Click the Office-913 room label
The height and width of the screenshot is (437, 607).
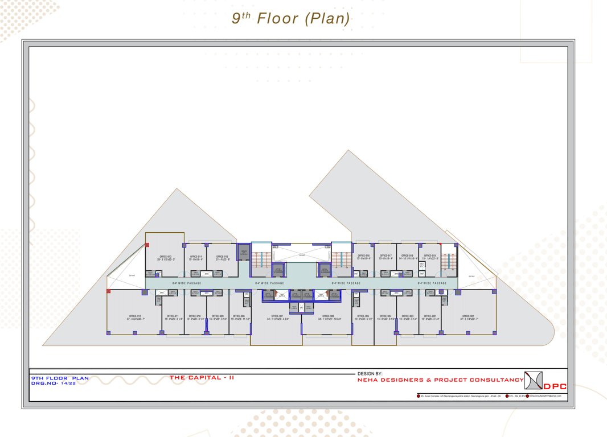[166, 257]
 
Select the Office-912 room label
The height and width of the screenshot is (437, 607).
[135, 316]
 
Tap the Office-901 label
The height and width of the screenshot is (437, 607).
[468, 316]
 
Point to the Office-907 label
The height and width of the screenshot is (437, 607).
[277, 316]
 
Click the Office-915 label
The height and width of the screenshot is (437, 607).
[222, 257]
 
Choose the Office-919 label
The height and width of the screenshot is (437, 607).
[430, 257]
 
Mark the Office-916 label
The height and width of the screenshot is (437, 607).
[363, 257]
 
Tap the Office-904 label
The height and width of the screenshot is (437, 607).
[385, 316]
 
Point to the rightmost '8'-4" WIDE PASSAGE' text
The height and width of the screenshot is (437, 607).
[432, 283]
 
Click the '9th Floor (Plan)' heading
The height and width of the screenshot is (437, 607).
[290, 18]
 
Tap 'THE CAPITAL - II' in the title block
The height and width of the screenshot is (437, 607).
[202, 377]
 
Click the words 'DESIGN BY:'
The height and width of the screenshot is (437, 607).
[370, 374]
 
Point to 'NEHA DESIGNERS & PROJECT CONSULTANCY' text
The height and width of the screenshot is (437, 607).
[440, 380]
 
